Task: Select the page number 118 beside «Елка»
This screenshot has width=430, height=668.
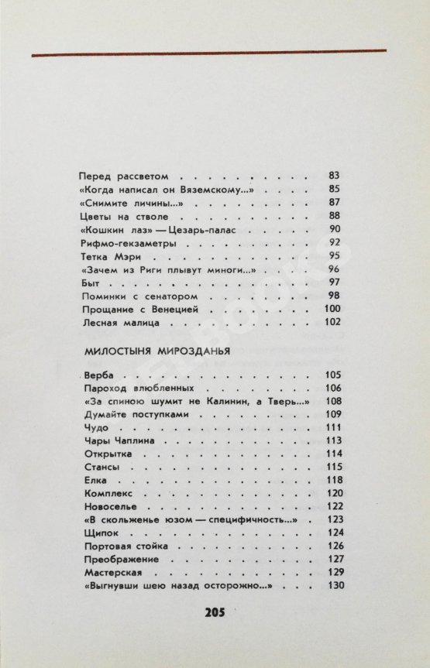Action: click(332, 480)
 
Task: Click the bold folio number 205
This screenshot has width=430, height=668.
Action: click(215, 612)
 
